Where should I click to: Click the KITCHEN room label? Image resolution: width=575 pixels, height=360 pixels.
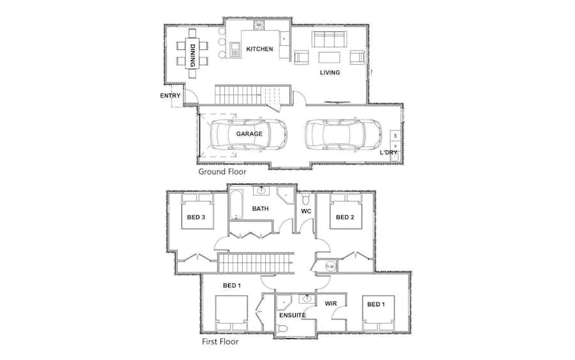[259, 49]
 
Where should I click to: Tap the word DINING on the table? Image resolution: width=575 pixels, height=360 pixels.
[192, 56]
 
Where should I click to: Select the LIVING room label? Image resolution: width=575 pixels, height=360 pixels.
[330, 73]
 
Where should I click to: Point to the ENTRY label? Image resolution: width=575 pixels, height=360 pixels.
[170, 95]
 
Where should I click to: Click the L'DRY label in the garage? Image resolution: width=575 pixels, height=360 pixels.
[388, 152]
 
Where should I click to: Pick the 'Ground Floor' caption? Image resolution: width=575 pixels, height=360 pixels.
[222, 171]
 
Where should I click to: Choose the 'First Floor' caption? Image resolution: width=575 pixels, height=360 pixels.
[220, 341]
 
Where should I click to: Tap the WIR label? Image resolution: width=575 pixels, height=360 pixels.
[331, 304]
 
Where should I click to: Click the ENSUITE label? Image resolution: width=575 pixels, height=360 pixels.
[292, 315]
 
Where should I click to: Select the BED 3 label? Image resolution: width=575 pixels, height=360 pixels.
[196, 217]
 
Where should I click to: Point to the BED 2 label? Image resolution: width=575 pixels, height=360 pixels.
[345, 217]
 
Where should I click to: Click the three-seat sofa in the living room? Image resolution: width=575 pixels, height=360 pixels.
[329, 39]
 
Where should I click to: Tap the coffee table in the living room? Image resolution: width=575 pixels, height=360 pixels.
[329, 58]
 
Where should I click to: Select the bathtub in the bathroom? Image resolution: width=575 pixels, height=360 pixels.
[236, 205]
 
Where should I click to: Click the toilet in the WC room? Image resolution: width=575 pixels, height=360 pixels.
[306, 200]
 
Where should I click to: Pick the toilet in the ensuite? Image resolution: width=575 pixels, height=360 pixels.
[282, 329]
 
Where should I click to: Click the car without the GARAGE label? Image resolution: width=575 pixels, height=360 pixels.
[343, 134]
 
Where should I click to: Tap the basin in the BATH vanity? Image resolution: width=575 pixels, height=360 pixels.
[261, 191]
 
